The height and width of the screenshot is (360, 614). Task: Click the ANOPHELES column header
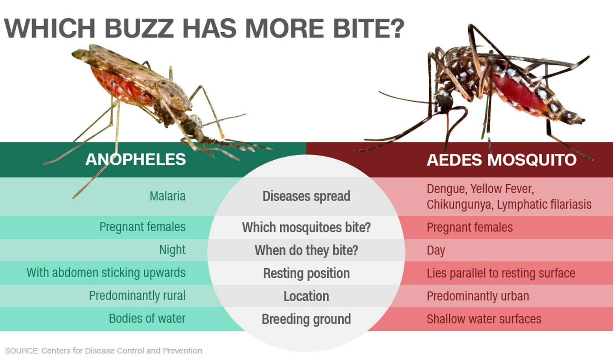click(x=135, y=160)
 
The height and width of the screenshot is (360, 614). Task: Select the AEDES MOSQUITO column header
click(x=501, y=160)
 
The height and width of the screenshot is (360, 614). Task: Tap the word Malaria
click(x=167, y=196)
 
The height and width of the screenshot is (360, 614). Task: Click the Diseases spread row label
click(x=306, y=196)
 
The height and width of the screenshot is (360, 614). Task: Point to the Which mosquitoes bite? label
click(x=306, y=227)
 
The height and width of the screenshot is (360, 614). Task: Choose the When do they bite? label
click(x=306, y=250)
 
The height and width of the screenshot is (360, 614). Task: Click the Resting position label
click(x=306, y=273)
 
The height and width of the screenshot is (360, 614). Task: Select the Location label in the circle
click(x=306, y=296)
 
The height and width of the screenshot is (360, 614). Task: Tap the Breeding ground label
click(x=306, y=319)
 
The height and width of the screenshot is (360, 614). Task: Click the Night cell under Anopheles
click(x=172, y=250)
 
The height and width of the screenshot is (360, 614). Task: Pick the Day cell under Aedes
click(x=436, y=250)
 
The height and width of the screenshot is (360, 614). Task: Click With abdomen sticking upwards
click(x=106, y=273)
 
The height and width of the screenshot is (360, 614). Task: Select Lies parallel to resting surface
click(x=501, y=273)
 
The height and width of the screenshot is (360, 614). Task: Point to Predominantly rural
click(x=137, y=295)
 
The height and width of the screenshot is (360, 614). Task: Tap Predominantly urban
click(x=478, y=296)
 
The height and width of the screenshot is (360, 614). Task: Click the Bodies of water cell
click(x=147, y=318)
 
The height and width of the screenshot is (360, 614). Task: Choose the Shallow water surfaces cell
click(x=484, y=319)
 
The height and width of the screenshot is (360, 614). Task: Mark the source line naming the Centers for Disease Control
click(x=104, y=351)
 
